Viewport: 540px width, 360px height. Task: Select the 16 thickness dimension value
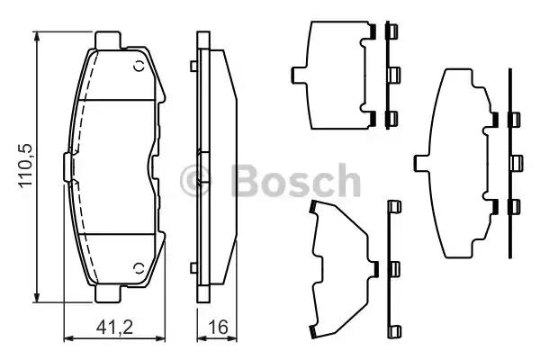pyautogui.click(x=217, y=329)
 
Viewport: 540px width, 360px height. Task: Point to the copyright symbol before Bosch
pyautogui.click(x=196, y=182)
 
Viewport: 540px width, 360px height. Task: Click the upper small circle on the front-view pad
pyautogui.click(x=139, y=66)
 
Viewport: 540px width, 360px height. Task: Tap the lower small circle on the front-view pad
pyautogui.click(x=139, y=267)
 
